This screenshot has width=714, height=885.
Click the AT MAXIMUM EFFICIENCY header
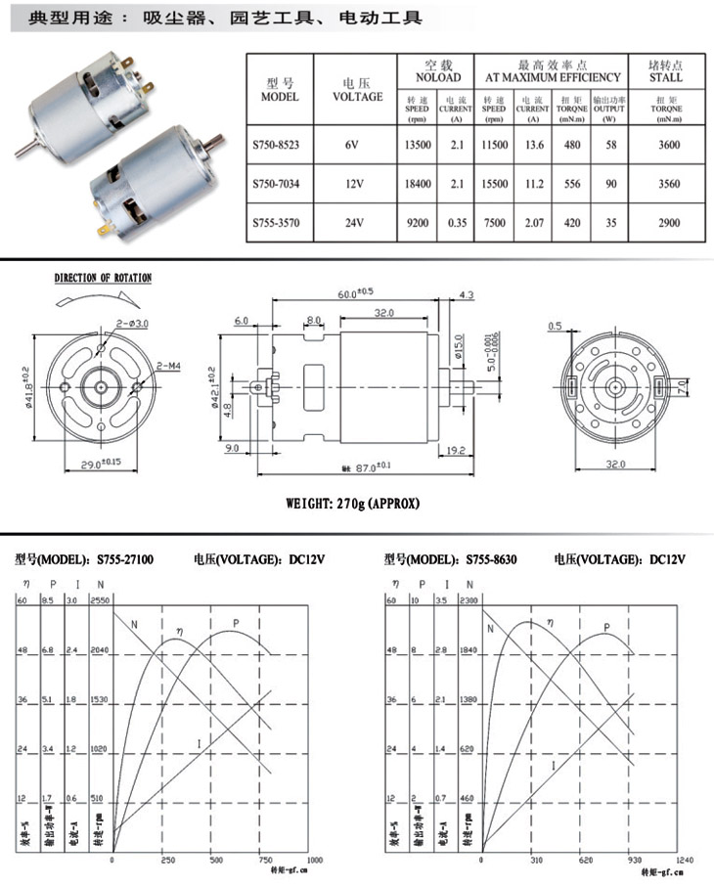point(548,76)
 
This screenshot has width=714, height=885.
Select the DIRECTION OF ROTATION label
point(103,279)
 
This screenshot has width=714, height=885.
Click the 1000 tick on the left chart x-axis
point(315,860)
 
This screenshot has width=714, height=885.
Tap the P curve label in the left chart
point(236,624)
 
